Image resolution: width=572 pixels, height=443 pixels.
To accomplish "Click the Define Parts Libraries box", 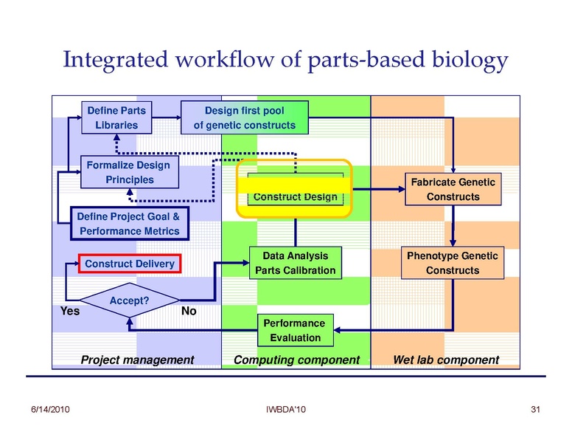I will (116, 117).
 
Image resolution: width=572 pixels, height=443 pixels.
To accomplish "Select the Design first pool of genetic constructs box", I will (244, 117).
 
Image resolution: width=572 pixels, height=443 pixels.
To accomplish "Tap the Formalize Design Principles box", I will (128, 172).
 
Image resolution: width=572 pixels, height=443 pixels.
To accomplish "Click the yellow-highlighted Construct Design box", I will (295, 188).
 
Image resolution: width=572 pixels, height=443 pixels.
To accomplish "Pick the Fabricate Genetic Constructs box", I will (453, 189).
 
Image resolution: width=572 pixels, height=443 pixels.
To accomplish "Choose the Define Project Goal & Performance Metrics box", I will (129, 224).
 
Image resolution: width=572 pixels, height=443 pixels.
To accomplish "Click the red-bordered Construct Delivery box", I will (130, 264).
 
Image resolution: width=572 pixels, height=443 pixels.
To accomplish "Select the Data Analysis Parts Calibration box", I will (295, 263).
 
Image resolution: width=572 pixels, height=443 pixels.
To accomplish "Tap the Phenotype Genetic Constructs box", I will (453, 263).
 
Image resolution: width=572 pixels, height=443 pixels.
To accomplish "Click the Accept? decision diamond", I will (130, 301).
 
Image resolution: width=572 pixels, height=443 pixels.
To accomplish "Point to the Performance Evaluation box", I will (295, 330).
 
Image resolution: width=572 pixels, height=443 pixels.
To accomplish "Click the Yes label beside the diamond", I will (69, 312).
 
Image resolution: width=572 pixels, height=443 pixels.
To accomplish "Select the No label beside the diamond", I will (189, 312).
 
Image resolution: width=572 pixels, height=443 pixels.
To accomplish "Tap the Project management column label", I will (137, 360).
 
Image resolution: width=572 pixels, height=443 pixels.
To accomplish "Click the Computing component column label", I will (296, 360).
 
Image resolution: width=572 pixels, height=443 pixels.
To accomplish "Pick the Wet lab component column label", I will (446, 360).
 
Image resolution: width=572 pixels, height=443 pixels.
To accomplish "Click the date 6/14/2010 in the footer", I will (49, 409).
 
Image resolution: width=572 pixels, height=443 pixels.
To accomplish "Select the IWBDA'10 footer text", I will (286, 409).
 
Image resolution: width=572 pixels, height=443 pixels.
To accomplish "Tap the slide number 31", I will (535, 409).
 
